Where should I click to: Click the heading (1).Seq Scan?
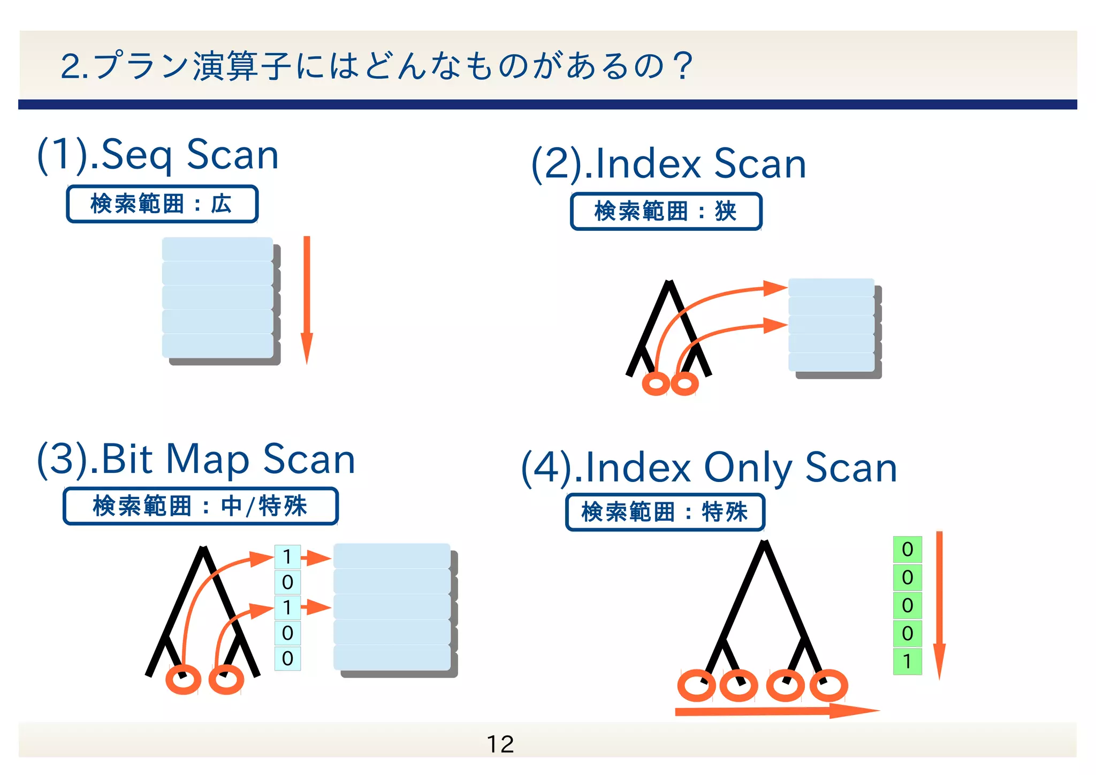pyautogui.click(x=158, y=155)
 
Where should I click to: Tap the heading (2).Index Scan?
pyautogui.click(x=668, y=163)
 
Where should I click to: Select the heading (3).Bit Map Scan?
pyautogui.click(x=196, y=459)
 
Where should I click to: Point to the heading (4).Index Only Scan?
pyautogui.click(x=709, y=468)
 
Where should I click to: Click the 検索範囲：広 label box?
pyautogui.click(x=162, y=204)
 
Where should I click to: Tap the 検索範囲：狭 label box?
pyautogui.click(x=666, y=212)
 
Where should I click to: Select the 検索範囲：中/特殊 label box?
pyautogui.click(x=200, y=506)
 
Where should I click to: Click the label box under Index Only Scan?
pyautogui.click(x=665, y=513)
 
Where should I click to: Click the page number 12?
pyautogui.click(x=500, y=744)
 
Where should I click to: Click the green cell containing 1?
pyautogui.click(x=907, y=661)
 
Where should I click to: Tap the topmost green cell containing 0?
pyautogui.click(x=907, y=550)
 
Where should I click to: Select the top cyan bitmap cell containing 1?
pyautogui.click(x=287, y=557)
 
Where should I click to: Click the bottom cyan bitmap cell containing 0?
pyautogui.click(x=287, y=658)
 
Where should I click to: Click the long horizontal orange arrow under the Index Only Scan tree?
pyautogui.click(x=776, y=711)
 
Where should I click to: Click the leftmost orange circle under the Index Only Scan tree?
pyautogui.click(x=696, y=686)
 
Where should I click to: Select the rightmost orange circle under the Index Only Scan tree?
pyautogui.click(x=828, y=686)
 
